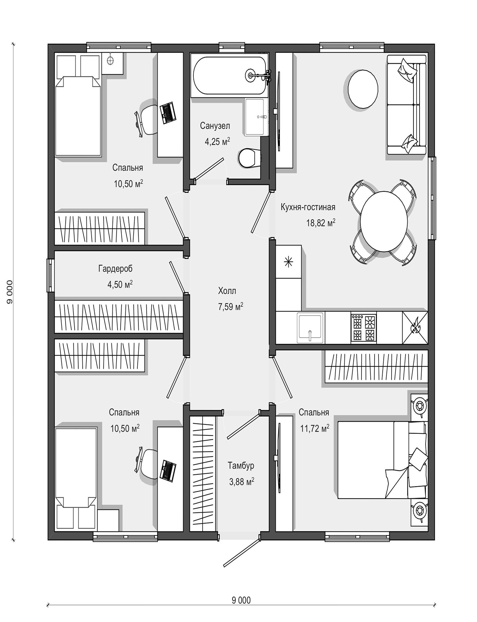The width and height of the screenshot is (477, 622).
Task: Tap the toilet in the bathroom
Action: click(248, 158)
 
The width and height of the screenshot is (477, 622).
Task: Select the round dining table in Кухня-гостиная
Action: click(384, 221)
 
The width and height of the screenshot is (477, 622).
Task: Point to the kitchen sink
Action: click(310, 327)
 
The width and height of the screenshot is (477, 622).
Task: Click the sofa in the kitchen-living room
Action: click(407, 105)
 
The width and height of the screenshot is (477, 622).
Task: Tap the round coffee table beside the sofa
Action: click(363, 89)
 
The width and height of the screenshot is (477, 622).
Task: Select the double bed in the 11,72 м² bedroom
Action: click(382, 460)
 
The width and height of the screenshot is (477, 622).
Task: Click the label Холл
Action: click(227, 291)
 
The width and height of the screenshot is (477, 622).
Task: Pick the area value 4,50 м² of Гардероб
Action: click(120, 284)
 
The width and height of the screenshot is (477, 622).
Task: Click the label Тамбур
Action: click(241, 465)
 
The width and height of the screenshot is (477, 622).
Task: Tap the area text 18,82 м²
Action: click(321, 223)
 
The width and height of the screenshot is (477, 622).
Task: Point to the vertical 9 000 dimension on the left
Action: click(9, 292)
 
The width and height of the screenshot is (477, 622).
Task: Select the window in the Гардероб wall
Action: click(50, 275)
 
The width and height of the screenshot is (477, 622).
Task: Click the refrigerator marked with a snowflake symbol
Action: click(288, 262)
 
